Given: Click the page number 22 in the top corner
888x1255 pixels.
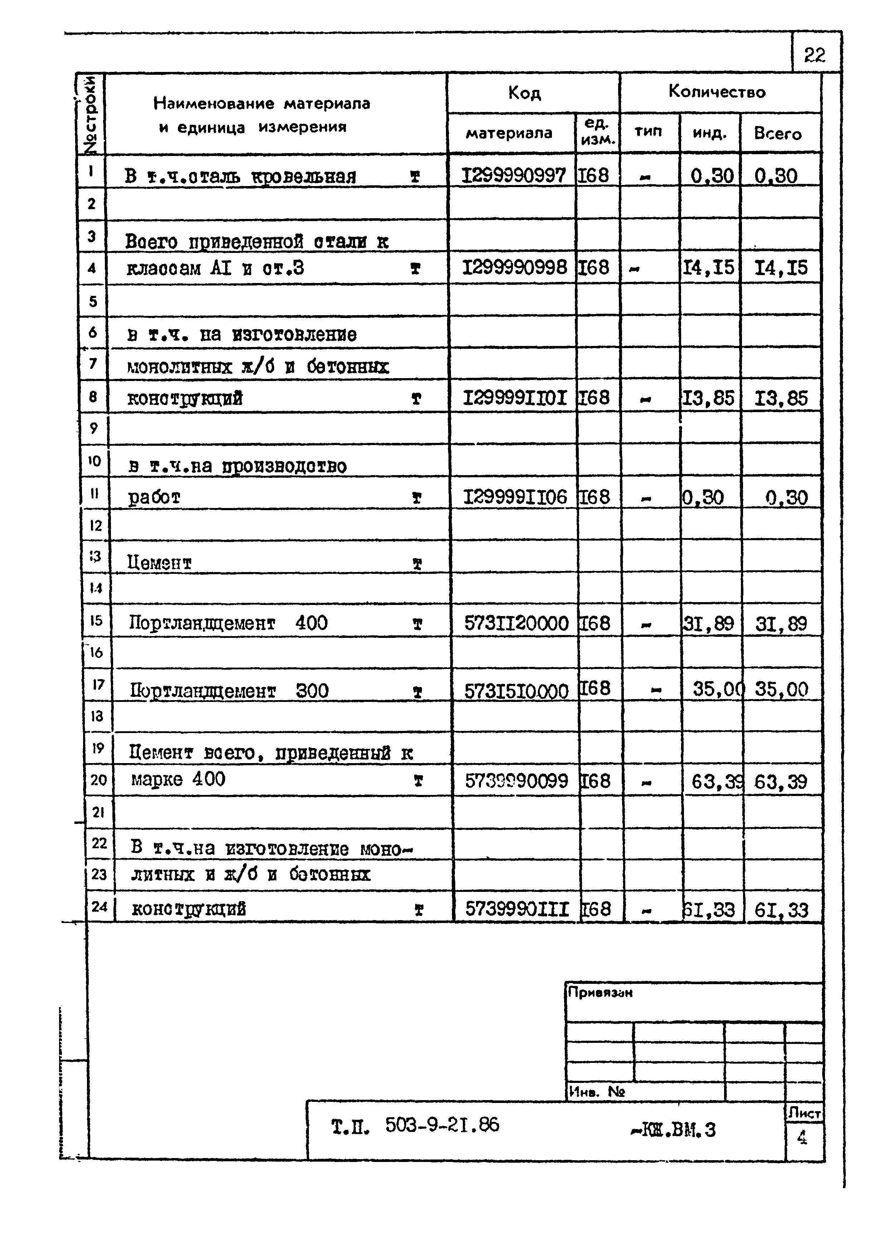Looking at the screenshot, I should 814,55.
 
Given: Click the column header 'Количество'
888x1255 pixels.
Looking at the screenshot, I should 717,92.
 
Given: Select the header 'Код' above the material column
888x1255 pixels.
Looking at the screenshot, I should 524,93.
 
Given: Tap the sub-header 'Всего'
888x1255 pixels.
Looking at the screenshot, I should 777,133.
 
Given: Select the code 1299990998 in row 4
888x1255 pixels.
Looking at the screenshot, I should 514,267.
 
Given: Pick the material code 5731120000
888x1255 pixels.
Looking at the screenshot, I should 516,623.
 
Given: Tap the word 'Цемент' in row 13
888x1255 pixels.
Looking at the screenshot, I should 159,562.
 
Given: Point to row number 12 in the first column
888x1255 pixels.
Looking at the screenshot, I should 96,526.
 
